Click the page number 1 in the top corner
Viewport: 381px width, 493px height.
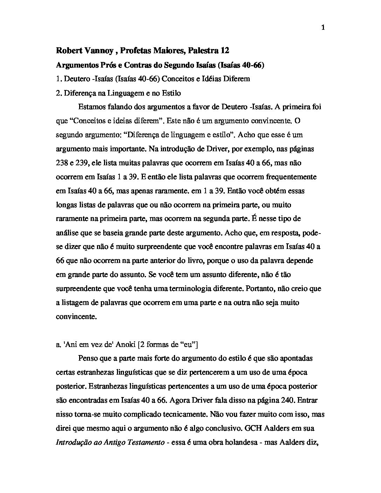pos(323,28)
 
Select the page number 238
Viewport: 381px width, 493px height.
pos(62,163)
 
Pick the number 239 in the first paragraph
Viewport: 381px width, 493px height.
pos(85,163)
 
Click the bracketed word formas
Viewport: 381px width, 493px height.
pos(156,345)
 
